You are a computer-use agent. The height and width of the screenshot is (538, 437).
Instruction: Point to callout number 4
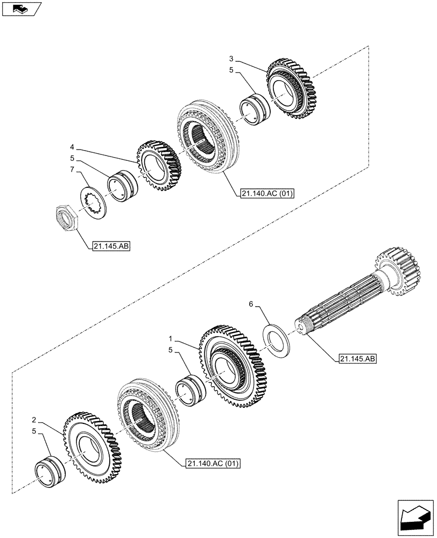click(x=72, y=146)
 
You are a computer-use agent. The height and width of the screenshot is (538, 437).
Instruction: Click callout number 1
click(x=171, y=340)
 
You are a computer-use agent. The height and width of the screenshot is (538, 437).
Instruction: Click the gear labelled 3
click(x=291, y=91)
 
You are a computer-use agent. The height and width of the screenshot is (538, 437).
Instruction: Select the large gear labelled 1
click(x=234, y=367)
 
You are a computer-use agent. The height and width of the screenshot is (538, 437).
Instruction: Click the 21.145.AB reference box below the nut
click(x=112, y=247)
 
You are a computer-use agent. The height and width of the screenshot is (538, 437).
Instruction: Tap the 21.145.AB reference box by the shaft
click(x=358, y=359)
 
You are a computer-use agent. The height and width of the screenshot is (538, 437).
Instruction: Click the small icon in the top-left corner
click(x=21, y=9)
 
